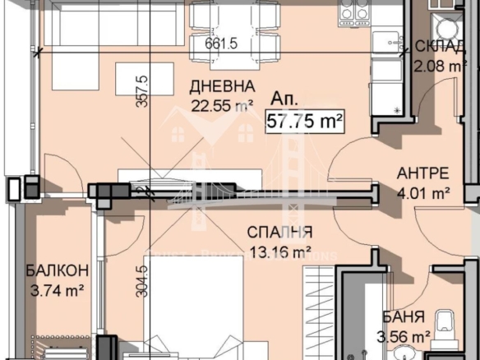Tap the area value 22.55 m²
[220, 104]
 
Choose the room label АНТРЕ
[422, 173]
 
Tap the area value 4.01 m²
[422, 193]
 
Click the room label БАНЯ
[403, 317]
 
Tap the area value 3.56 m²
[404, 336]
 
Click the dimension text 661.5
[221, 44]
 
